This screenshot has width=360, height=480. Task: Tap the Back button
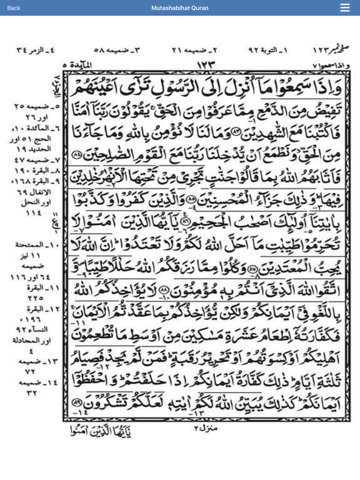pyautogui.click(x=14, y=7)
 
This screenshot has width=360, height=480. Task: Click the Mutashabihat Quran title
pyautogui.click(x=180, y=7)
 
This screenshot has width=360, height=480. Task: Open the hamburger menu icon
pyautogui.click(x=345, y=7)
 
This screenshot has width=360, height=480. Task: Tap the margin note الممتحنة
pyautogui.click(x=28, y=247)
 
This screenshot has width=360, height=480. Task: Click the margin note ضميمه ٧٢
pyautogui.click(x=28, y=362)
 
